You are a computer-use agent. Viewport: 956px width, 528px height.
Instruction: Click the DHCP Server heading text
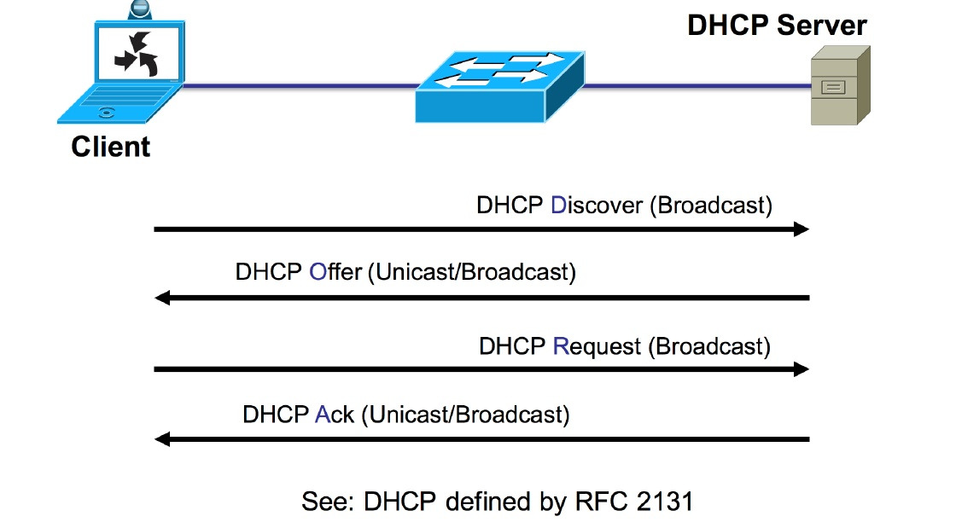click(x=777, y=25)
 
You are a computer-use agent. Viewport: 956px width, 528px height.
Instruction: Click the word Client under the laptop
click(x=111, y=147)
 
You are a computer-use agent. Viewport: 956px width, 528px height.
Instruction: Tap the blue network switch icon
click(x=500, y=88)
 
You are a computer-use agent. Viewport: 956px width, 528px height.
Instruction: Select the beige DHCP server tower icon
click(x=840, y=85)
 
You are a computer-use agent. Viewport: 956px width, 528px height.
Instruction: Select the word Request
click(x=597, y=346)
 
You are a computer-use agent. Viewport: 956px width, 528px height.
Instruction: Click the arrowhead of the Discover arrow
click(x=801, y=229)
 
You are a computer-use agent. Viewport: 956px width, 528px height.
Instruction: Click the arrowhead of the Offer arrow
click(x=162, y=299)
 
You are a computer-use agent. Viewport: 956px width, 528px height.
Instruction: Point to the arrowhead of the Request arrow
click(x=801, y=369)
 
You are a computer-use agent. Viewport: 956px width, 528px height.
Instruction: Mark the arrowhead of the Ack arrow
click(x=162, y=439)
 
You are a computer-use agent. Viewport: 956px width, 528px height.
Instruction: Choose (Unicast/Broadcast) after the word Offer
click(x=471, y=273)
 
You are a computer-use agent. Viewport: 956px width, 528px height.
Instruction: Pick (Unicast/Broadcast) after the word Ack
click(x=465, y=415)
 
